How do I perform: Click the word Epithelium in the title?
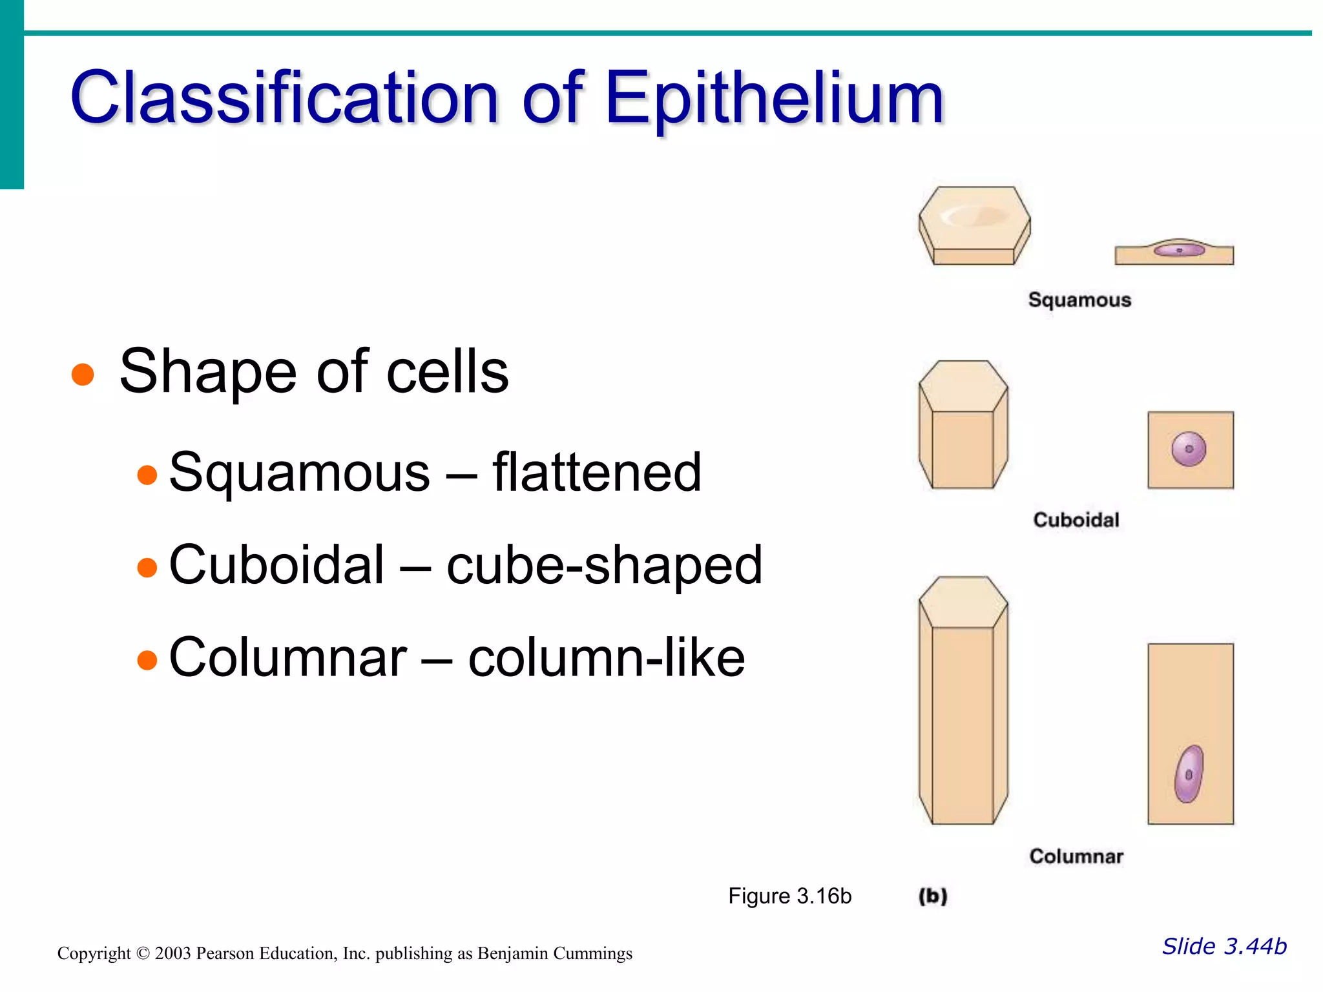pyautogui.click(x=775, y=98)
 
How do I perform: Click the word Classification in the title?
pyautogui.click(x=284, y=98)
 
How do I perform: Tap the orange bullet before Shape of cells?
pyautogui.click(x=83, y=374)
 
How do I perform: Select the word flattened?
pyautogui.click(x=597, y=472)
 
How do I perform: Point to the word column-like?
pyautogui.click(x=607, y=658)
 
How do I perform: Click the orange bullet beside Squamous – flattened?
pyautogui.click(x=147, y=475)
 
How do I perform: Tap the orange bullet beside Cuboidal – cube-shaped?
pyautogui.click(x=147, y=568)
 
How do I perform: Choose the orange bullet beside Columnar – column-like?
pyautogui.click(x=147, y=660)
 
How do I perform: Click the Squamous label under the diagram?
pyautogui.click(x=1079, y=300)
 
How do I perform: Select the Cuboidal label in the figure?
pyautogui.click(x=1076, y=520)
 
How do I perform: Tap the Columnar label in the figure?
pyautogui.click(x=1076, y=856)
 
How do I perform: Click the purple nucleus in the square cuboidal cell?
pyautogui.click(x=1189, y=449)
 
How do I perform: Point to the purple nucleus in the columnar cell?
pyautogui.click(x=1189, y=774)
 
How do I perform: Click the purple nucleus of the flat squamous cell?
pyautogui.click(x=1180, y=249)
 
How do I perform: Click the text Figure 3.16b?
pyautogui.click(x=789, y=896)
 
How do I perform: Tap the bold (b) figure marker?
pyautogui.click(x=933, y=896)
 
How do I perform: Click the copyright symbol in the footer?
pyautogui.click(x=143, y=954)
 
